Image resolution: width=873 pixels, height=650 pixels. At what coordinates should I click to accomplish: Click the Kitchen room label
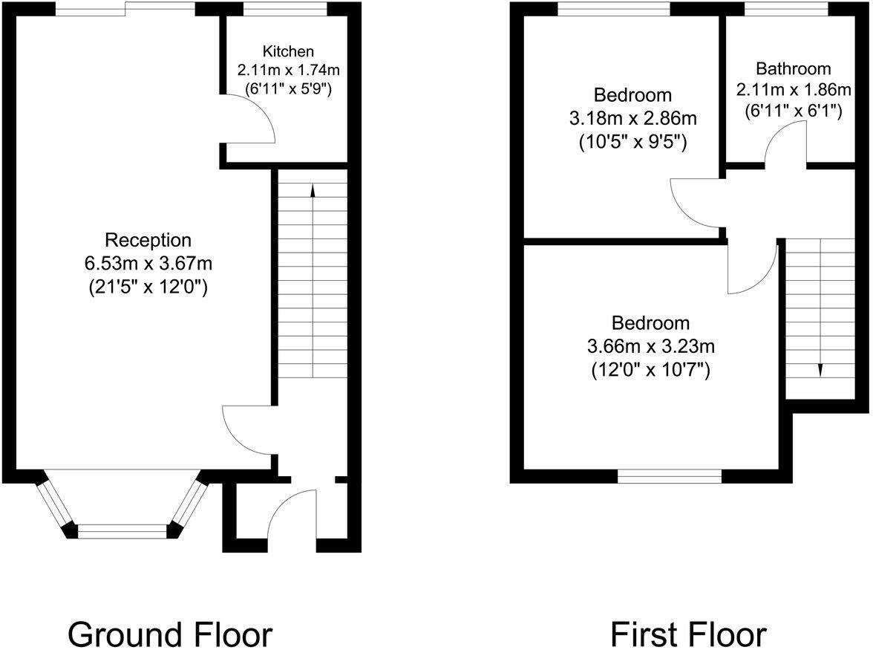(288, 51)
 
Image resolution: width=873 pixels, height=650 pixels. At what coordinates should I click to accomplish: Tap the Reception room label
(148, 240)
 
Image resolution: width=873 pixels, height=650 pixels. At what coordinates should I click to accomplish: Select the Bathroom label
(793, 69)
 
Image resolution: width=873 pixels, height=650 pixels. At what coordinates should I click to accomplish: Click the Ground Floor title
(170, 635)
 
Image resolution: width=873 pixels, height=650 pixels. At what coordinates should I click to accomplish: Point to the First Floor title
(688, 635)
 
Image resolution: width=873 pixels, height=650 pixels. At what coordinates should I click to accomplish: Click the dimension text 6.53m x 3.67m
(149, 263)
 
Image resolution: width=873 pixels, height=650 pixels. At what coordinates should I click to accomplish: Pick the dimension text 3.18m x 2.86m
(632, 118)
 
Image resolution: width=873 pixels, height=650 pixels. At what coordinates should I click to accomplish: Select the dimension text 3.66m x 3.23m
(650, 345)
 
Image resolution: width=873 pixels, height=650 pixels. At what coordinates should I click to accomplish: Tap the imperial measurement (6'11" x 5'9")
(288, 88)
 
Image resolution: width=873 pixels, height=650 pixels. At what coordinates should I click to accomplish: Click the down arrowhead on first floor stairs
(821, 370)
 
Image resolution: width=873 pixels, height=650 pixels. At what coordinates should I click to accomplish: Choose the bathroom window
(786, 10)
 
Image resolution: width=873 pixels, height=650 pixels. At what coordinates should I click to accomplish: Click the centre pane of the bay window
(123, 530)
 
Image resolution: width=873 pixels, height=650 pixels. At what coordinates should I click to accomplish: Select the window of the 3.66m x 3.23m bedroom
(670, 476)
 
